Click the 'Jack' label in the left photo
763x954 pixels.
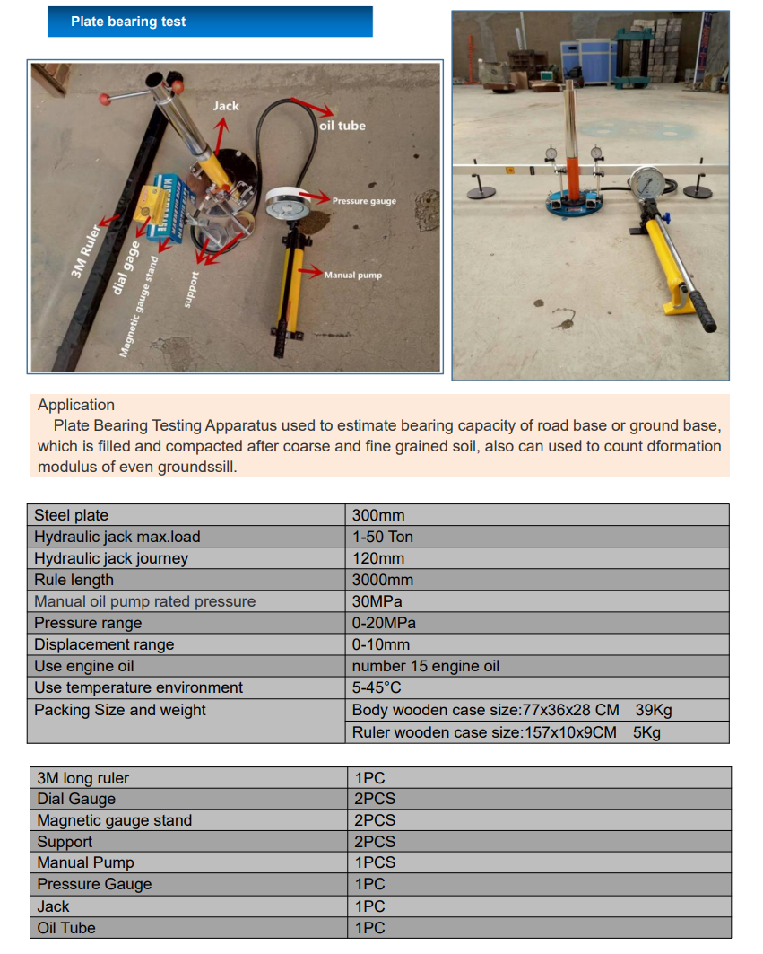226,106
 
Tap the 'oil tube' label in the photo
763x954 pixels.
342,126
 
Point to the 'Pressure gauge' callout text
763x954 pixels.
364,201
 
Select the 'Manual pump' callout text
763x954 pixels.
352,275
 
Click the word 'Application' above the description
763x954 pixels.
76,405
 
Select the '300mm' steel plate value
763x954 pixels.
378,515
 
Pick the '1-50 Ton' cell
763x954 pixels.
383,537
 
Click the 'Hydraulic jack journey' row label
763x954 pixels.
111,558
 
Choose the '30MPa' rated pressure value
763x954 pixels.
377,601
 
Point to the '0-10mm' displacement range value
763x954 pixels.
381,644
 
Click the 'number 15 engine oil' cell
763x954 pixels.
426,666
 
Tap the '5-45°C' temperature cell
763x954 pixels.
377,687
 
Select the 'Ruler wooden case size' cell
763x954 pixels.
484,732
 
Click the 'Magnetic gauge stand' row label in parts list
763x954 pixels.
115,820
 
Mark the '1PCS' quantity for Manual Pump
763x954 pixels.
375,862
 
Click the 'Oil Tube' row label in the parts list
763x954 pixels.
66,927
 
